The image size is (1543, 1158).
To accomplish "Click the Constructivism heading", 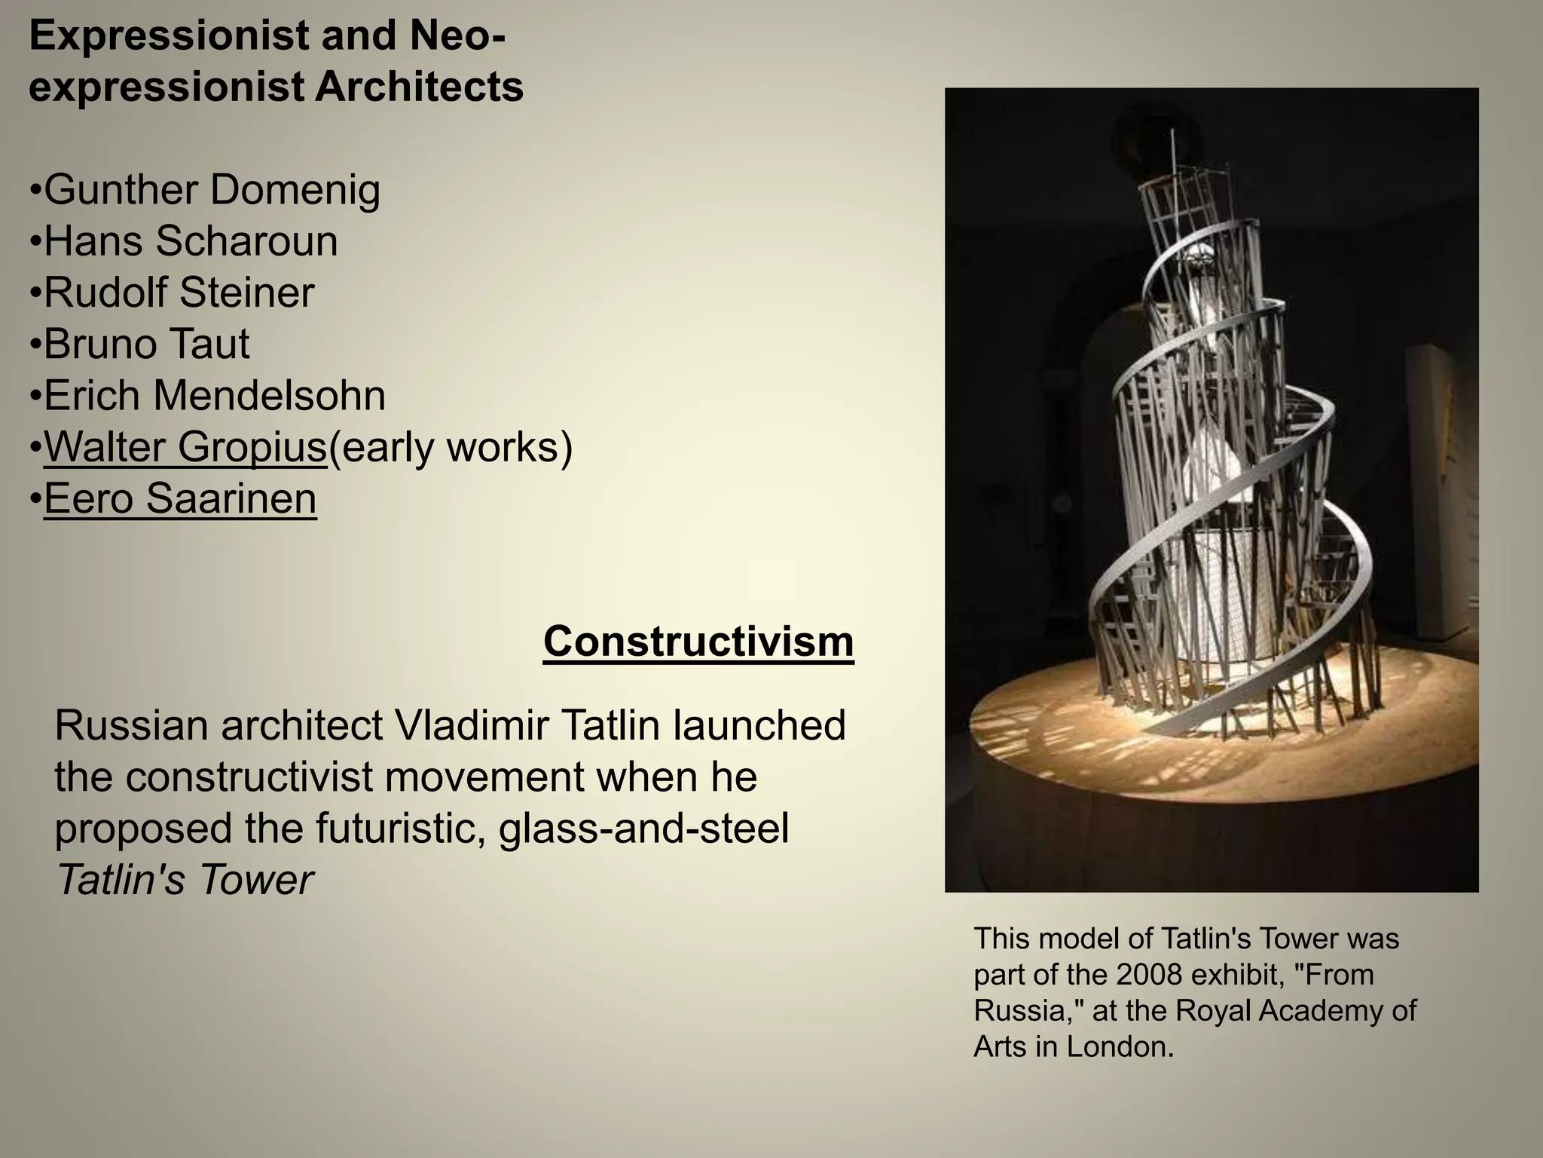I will pyautogui.click(x=698, y=642).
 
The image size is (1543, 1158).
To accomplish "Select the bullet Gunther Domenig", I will pyautogui.click(x=212, y=189).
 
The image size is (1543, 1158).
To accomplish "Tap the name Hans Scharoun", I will pyautogui.click(x=191, y=241).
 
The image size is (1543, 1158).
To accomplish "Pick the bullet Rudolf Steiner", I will pyautogui.click(x=179, y=293).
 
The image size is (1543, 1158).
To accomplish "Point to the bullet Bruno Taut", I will pyautogui.click(x=146, y=344).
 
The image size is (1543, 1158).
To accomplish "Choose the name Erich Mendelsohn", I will pyautogui.click(x=215, y=395).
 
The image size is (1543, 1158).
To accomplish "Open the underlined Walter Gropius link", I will pyautogui.click(x=185, y=447).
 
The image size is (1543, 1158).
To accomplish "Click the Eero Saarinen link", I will pyautogui.click(x=180, y=498).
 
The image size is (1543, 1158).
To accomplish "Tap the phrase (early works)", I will pyautogui.click(x=451, y=447).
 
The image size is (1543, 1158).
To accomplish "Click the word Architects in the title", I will pyautogui.click(x=419, y=87).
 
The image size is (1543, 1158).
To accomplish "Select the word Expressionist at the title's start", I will pyautogui.click(x=169, y=35).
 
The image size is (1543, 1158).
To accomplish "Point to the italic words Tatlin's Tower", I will pyautogui.click(x=185, y=879).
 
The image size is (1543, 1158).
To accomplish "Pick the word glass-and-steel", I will pyautogui.click(x=643, y=828).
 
